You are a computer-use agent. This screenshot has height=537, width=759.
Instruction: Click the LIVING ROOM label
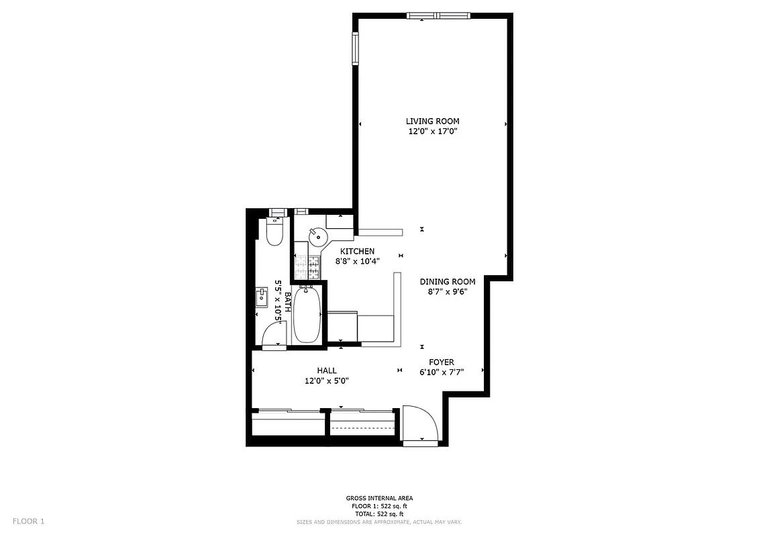click(432, 121)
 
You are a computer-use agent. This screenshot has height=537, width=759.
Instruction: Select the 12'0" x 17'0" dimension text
click(432, 132)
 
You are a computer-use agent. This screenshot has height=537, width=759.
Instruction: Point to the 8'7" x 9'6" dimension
click(448, 291)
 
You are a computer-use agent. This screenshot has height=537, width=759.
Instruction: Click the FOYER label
click(442, 362)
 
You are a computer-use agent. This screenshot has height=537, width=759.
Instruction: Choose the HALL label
click(327, 371)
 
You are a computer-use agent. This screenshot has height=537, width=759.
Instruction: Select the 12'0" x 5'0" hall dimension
click(326, 381)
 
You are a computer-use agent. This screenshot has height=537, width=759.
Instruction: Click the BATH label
click(288, 302)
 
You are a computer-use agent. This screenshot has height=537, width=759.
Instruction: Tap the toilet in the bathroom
click(274, 230)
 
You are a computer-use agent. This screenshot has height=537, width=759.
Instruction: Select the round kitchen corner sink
click(316, 236)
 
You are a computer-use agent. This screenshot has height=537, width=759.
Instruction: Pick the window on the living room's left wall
click(355, 48)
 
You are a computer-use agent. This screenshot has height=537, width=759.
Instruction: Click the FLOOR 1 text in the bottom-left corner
click(28, 521)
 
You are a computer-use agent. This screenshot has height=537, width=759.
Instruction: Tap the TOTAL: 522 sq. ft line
click(379, 514)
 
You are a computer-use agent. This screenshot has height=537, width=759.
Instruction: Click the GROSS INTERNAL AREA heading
click(379, 498)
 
